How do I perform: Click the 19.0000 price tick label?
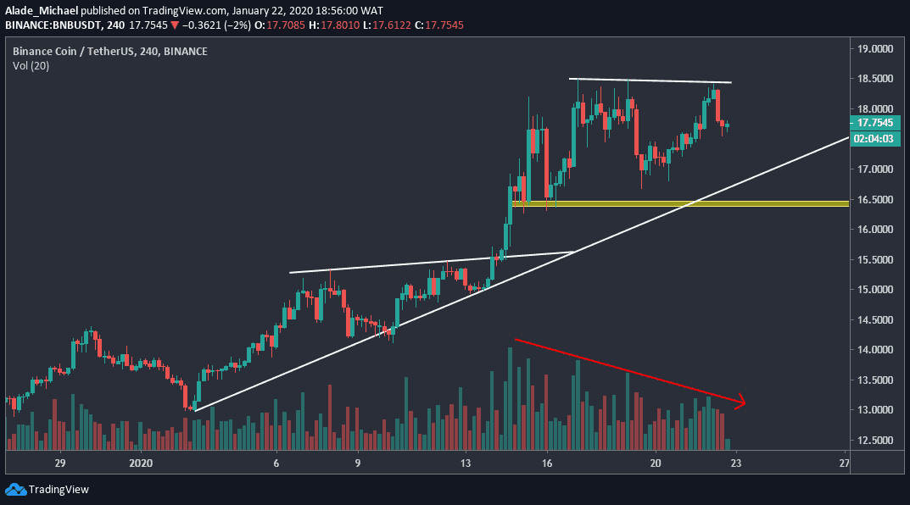pos(875,49)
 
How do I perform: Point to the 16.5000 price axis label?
pos(875,200)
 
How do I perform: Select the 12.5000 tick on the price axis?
pos(875,441)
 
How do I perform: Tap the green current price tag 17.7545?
pos(875,122)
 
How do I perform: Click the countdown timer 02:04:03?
pos(875,138)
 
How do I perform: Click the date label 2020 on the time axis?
pos(141,463)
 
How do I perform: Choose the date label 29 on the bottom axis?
pos(60,463)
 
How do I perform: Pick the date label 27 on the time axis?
pos(844,463)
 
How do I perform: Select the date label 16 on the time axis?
pos(547,463)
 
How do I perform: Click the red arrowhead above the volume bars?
pos(740,402)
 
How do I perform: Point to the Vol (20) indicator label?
pos(31,66)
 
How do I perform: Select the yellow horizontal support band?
pos(678,203)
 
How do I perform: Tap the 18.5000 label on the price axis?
pos(875,79)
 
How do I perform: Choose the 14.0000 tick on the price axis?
pos(875,350)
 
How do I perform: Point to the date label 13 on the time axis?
pos(466,463)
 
